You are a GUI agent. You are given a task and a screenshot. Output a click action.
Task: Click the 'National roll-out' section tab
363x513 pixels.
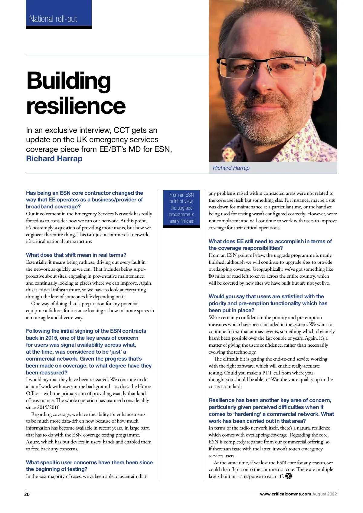click(x=53, y=19)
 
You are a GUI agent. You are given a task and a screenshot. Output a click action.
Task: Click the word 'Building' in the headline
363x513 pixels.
click(x=69, y=81)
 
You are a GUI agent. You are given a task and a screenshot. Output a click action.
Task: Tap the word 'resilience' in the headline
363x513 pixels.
click(x=76, y=106)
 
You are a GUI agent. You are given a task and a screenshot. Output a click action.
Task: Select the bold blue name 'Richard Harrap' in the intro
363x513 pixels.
click(x=54, y=158)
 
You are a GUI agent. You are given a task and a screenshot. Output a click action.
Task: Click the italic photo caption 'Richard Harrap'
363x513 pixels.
click(x=231, y=168)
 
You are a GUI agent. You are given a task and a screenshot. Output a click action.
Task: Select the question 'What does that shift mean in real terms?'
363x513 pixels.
click(x=76, y=255)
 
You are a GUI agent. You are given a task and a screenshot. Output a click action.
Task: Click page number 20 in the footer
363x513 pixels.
click(x=27, y=494)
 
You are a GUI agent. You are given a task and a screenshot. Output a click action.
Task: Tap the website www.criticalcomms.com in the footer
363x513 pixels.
click(x=285, y=494)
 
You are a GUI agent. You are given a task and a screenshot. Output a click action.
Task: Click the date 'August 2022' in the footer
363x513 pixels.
click(x=325, y=494)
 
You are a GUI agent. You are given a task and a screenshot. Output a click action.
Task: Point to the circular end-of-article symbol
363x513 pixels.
click(x=289, y=476)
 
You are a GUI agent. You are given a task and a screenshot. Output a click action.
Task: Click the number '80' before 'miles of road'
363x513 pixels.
click(x=211, y=276)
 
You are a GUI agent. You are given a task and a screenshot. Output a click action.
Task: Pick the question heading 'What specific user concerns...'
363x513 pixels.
click(x=89, y=462)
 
